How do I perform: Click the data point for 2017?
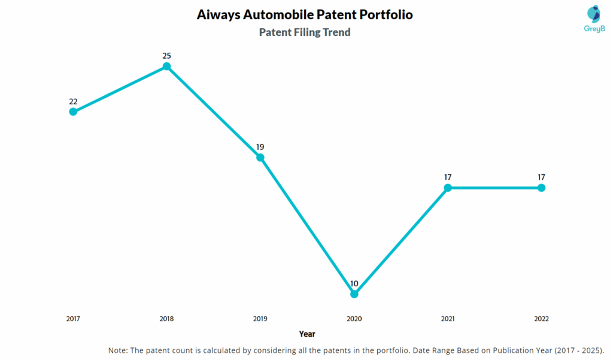pos(73,111)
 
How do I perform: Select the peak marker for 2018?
pos(166,66)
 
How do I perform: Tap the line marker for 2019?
pos(260,158)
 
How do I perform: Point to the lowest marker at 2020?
pos(354,294)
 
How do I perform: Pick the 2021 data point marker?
pos(448,187)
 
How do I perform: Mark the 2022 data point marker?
pos(541,187)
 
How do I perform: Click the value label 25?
pos(166,56)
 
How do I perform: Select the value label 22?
pos(73,101)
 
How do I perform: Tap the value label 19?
pos(260,147)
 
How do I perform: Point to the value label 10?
pos(354,283)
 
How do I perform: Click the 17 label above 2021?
pos(448,177)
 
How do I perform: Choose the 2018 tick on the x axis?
pos(166,319)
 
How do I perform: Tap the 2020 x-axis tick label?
pos(354,319)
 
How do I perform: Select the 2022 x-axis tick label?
pos(541,319)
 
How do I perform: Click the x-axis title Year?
pos(307,334)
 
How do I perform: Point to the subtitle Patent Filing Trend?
pos(305,32)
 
